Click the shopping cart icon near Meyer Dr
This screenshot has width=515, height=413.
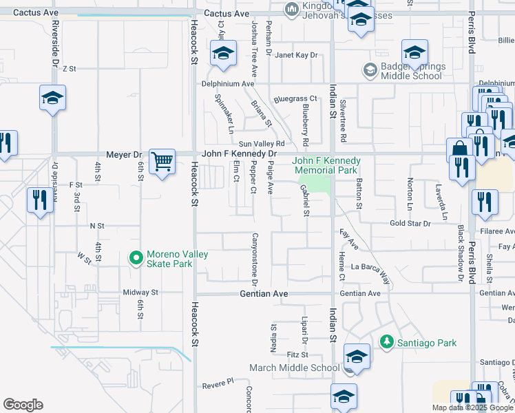pyautogui.click(x=162, y=162)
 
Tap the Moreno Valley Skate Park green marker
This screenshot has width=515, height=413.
pyautogui.click(x=136, y=259)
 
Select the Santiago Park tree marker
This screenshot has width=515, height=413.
pyautogui.click(x=387, y=342)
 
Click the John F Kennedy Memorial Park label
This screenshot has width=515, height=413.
pyautogui.click(x=326, y=165)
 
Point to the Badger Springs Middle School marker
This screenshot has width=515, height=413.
pyautogui.click(x=370, y=70)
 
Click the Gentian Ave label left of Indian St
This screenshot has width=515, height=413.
pyautogui.click(x=262, y=294)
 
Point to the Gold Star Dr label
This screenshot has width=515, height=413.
pyautogui.click(x=410, y=224)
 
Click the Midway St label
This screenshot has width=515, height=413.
pyautogui.click(x=140, y=293)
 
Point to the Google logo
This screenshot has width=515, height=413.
pyautogui.click(x=23, y=405)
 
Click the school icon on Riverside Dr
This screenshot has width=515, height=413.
pyautogui.click(x=52, y=98)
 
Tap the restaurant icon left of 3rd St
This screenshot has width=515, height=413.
pyautogui.click(x=40, y=200)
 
